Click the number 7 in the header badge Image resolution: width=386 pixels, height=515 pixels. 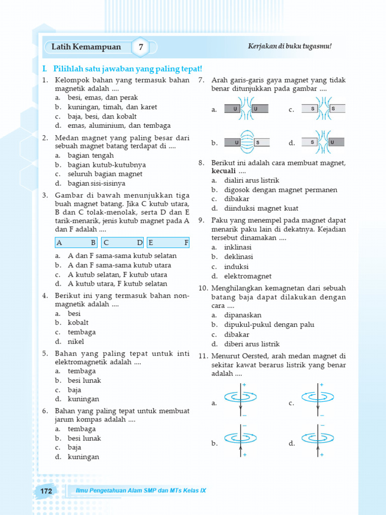point(141,47)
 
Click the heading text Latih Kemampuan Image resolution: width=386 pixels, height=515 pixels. point(86,47)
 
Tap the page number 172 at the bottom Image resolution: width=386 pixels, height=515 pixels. point(46,491)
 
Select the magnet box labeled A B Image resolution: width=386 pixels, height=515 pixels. point(76,242)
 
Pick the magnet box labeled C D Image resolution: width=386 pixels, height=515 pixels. point(123,242)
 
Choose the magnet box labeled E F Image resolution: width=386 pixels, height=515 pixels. point(168,242)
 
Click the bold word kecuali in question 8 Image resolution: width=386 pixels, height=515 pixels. point(224,171)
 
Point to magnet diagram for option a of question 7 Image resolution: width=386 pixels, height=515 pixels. point(246,109)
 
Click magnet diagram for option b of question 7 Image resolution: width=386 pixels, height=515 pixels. point(246,143)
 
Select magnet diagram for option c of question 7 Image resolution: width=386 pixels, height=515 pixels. point(323,109)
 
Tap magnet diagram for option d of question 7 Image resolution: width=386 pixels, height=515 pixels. point(323,143)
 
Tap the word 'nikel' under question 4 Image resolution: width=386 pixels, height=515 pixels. point(76,341)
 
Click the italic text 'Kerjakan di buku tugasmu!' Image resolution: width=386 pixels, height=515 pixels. point(290,46)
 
